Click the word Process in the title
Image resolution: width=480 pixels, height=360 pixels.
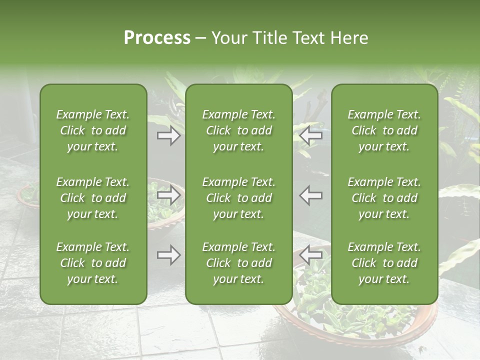[x=157, y=38]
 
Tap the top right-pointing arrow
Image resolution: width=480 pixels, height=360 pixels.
[x=168, y=135]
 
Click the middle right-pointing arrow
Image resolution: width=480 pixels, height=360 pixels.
[x=168, y=195]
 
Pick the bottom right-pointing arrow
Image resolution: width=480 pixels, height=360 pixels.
[x=168, y=255]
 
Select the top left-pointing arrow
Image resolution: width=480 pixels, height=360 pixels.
[x=311, y=135]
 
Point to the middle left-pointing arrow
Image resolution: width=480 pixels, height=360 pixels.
[x=311, y=195]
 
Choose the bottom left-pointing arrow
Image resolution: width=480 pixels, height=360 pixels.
[x=311, y=255]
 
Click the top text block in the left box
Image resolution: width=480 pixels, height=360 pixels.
[x=93, y=130]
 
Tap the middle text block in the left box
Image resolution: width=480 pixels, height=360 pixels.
[x=93, y=198]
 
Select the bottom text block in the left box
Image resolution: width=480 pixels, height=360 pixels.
[x=93, y=263]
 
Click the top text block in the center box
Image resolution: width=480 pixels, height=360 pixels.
[x=239, y=130]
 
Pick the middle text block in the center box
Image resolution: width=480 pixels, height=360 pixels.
[x=239, y=198]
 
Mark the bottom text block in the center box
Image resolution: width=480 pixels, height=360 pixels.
[x=239, y=263]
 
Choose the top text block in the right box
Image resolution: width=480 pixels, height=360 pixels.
[x=384, y=130]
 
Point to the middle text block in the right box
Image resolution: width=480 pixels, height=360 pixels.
[x=384, y=198]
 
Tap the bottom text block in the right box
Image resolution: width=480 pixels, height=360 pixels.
[x=384, y=263]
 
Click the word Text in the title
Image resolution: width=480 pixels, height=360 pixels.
[x=308, y=38]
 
